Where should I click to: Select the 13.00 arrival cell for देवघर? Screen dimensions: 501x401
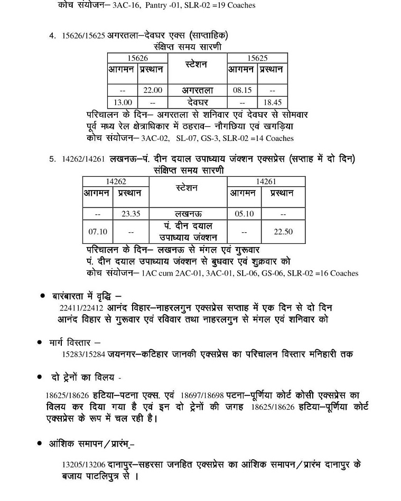coord(123,102)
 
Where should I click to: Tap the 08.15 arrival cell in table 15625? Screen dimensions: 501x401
coord(242,90)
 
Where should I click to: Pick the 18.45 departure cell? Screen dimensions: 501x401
coord(272,102)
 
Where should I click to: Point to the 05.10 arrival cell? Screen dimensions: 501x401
coord(244,214)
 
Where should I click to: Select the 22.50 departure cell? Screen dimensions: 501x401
coord(283,232)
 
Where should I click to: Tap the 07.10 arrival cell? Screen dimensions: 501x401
coord(98,232)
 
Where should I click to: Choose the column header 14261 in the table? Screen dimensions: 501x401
coord(266,182)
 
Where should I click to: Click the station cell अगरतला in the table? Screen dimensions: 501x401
coord(197,90)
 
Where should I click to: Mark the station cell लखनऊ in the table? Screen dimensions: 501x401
coord(188,214)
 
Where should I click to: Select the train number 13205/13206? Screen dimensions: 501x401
coord(83,465)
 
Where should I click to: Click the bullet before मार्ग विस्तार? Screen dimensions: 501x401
coord(39,343)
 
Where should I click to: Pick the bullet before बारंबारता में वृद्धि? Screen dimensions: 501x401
coord(43,296)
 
